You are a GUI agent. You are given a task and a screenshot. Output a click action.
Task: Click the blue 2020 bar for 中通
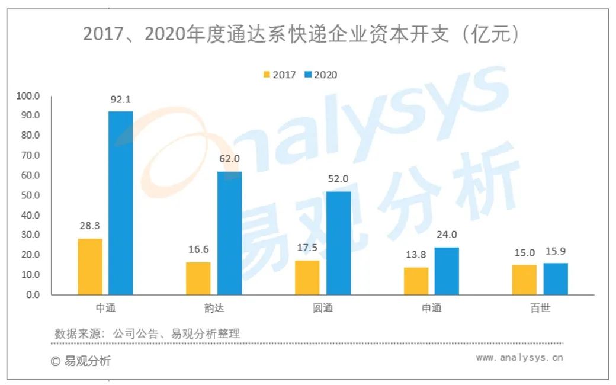click(x=120, y=203)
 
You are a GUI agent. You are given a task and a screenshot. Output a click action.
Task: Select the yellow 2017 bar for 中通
click(x=89, y=267)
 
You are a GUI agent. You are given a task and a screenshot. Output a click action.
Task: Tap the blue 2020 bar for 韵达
click(x=229, y=233)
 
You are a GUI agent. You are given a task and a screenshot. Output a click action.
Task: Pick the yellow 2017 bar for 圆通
click(x=307, y=277)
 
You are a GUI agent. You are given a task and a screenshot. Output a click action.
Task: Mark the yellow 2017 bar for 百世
click(x=524, y=280)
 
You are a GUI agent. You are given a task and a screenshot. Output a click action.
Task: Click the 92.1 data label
click(x=120, y=100)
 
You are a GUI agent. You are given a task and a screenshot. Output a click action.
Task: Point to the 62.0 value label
click(x=229, y=159)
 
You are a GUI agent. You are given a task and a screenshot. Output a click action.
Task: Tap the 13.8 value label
click(x=416, y=255)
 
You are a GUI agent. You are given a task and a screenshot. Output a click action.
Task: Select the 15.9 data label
click(x=555, y=251)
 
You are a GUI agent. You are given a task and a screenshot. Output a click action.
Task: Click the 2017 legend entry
click(x=279, y=75)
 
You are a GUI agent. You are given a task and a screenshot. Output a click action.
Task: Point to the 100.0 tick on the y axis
click(x=28, y=95)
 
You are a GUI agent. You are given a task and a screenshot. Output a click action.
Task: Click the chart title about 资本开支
click(x=301, y=35)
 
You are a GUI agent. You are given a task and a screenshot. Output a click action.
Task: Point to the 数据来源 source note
click(x=147, y=333)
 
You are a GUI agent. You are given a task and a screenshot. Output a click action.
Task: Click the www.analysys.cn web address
click(x=519, y=358)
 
